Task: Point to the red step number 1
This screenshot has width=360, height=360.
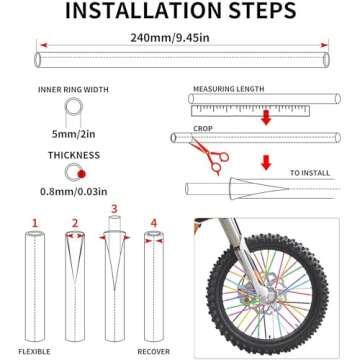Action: coord(35,222)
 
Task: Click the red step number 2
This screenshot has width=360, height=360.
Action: coord(74,222)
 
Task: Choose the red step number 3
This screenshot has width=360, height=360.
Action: coord(113,210)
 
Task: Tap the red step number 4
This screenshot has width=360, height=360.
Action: coord(152,222)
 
